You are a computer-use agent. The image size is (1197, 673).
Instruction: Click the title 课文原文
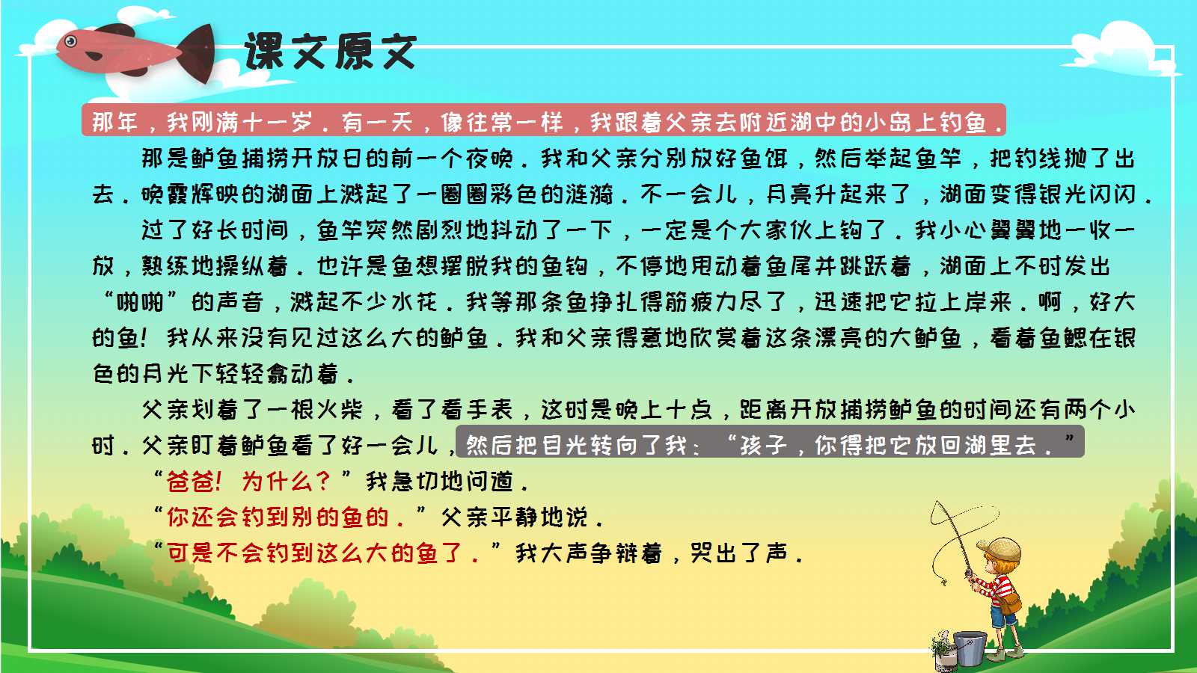tap(330, 52)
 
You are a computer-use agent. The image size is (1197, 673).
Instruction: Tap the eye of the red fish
tap(72, 41)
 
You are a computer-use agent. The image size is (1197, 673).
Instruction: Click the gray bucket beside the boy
tap(970, 648)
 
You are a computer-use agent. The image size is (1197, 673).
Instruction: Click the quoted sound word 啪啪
tap(141, 302)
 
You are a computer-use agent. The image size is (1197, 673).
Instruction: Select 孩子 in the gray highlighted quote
tap(764, 446)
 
